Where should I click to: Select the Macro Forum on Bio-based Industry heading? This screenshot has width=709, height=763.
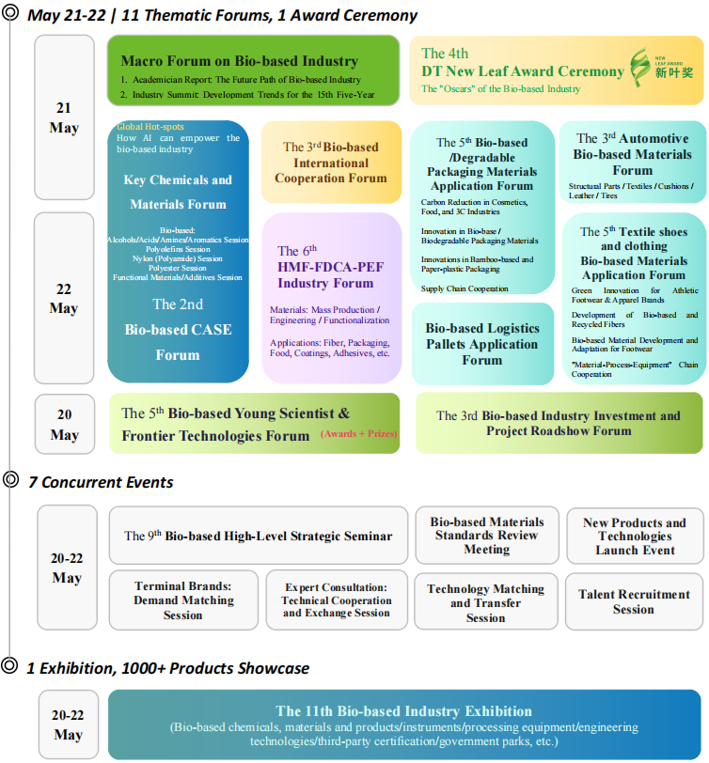(x=240, y=61)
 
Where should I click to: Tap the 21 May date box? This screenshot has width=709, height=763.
(x=64, y=117)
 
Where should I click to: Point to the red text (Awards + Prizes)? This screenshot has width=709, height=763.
(x=358, y=434)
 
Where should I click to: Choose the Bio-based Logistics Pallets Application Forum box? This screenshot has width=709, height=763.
(x=482, y=344)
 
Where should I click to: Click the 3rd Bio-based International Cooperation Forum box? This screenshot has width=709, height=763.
(x=334, y=162)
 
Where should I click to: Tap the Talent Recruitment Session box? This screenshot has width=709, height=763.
(x=634, y=601)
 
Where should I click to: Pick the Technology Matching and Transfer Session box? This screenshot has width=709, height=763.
(x=485, y=603)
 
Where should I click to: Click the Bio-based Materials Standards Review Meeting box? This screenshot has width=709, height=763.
(x=487, y=536)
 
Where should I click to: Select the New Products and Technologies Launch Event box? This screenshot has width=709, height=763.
(x=635, y=537)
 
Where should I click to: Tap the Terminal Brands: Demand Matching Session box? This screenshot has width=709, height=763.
(x=183, y=600)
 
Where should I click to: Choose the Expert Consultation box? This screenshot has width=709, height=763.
(x=337, y=600)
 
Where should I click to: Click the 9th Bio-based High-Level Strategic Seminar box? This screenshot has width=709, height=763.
(x=259, y=537)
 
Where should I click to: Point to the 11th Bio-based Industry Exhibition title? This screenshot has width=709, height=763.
(x=403, y=711)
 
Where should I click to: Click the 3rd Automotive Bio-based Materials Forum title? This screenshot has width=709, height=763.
(x=632, y=154)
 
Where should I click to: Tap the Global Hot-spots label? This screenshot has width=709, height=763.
(x=150, y=127)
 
